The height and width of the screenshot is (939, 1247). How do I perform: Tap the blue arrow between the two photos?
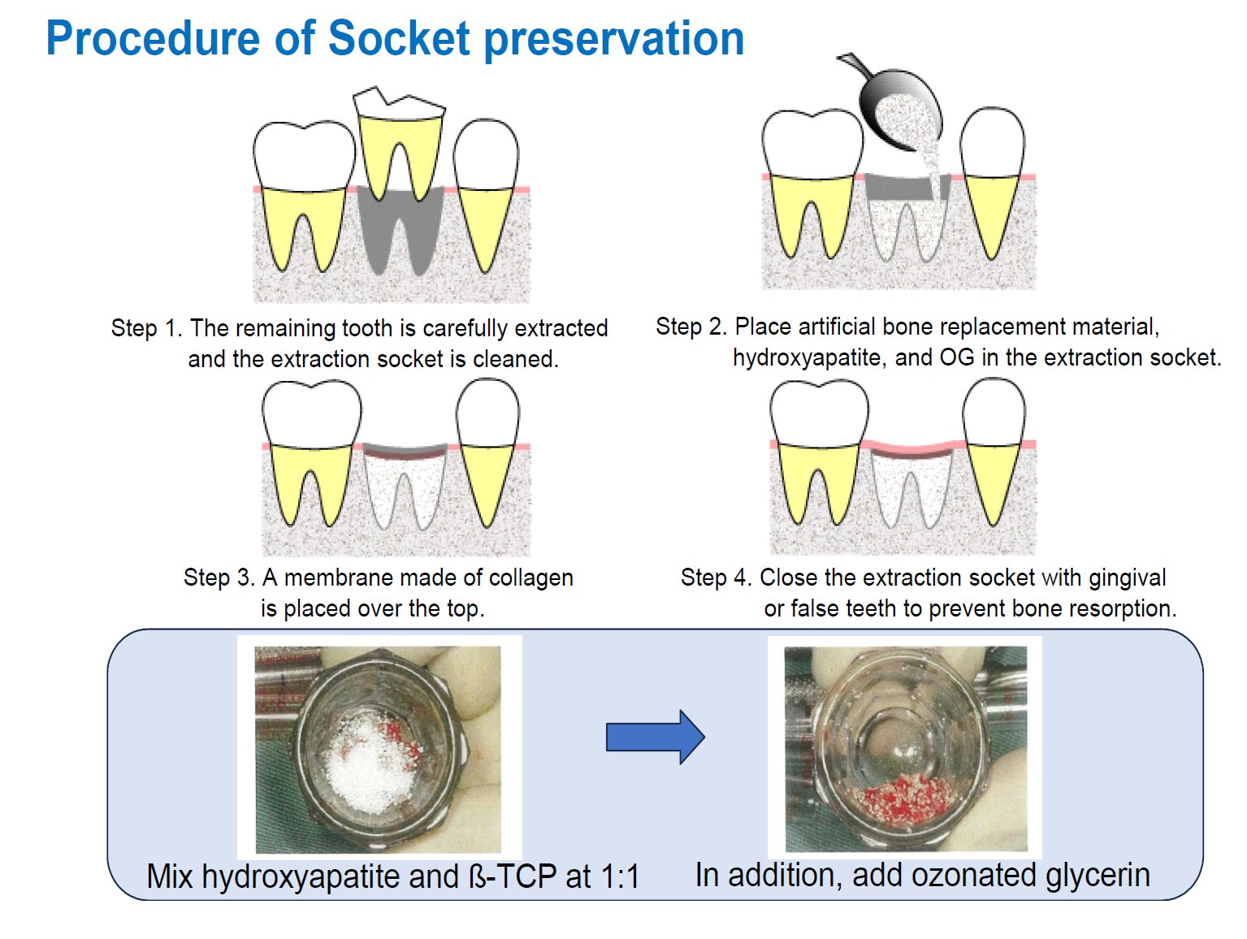coord(655,737)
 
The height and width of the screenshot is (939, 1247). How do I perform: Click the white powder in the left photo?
coord(366,764)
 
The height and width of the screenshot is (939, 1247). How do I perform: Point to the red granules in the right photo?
coord(905,799)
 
